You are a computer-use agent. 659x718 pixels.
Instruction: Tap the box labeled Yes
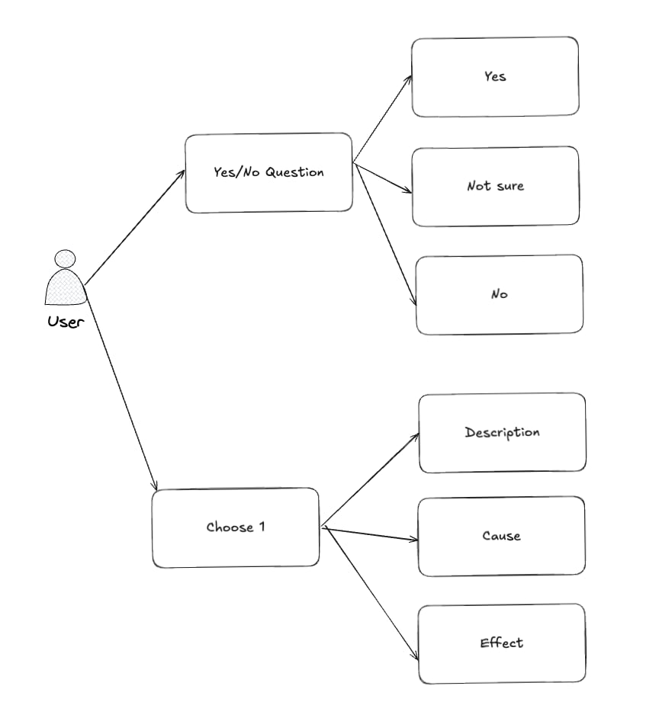coord(495,76)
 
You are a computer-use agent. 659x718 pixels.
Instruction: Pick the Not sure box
coord(495,186)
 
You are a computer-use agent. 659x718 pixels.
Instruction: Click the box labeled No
coord(500,294)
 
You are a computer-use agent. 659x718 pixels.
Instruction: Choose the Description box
coord(502,432)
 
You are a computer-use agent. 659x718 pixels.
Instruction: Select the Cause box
coord(501,536)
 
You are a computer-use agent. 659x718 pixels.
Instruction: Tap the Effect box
coord(501,643)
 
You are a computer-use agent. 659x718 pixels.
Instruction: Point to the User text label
coord(66,321)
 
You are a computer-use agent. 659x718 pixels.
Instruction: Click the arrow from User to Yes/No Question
coord(135,227)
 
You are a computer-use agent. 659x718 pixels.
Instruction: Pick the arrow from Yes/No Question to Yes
coord(384,117)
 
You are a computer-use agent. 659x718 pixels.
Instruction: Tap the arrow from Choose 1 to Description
coord(371,480)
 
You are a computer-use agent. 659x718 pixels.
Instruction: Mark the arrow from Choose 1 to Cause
coord(370,533)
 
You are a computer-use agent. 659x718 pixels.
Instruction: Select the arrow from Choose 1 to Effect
coord(371,593)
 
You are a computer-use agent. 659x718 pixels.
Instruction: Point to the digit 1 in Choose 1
coord(261,527)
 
